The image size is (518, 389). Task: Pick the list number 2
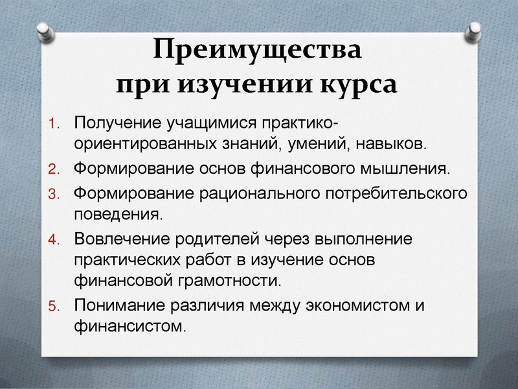click(x=54, y=171)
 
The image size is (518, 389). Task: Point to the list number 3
click(x=54, y=194)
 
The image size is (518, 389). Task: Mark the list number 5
click(x=54, y=306)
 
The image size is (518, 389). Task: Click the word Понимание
click(x=117, y=305)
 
